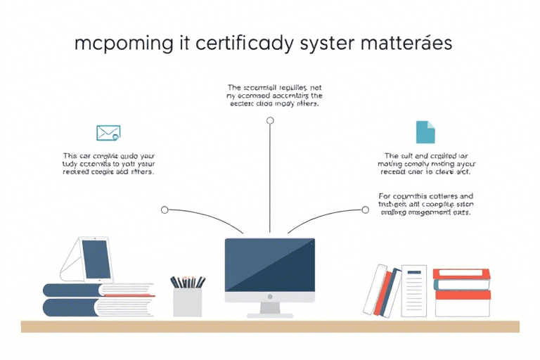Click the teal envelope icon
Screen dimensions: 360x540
(108, 132)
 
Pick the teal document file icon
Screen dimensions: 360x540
(425, 132)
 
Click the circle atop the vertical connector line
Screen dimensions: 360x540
(270, 121)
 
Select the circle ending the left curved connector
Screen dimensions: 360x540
(165, 210)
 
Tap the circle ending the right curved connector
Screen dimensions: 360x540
(365, 210)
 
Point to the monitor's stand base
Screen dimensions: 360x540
(269, 313)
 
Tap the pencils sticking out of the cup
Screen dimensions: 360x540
(187, 281)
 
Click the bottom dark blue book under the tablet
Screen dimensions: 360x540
(77, 307)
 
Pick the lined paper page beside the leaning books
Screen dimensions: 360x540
(414, 290)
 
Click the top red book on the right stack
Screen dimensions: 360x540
(462, 274)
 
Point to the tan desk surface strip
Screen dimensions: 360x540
(270, 326)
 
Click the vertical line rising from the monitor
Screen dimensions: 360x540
(270, 183)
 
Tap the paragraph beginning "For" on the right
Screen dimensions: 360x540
(425, 204)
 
